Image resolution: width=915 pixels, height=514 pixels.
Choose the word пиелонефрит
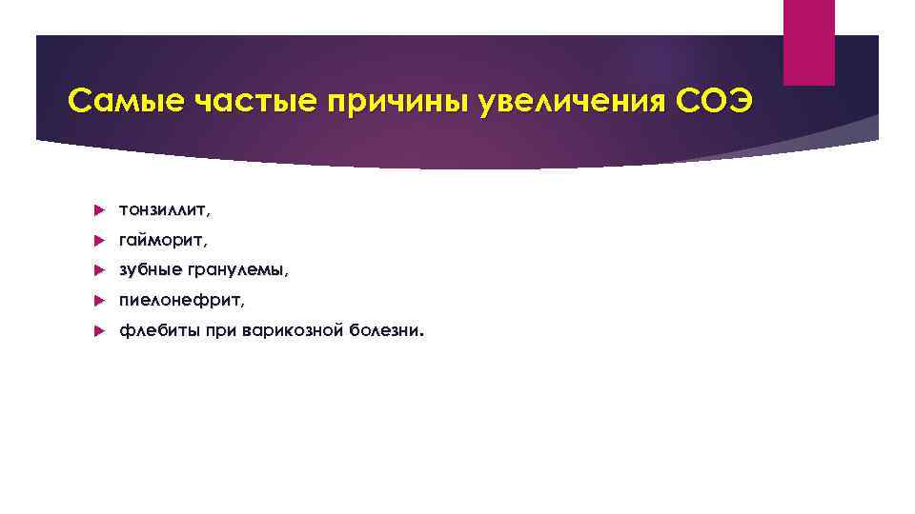tap(181, 301)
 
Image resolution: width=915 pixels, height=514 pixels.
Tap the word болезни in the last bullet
tap(387, 332)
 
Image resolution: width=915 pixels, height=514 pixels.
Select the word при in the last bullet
tap(220, 332)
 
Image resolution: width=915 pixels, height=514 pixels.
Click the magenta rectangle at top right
tap(808, 41)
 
